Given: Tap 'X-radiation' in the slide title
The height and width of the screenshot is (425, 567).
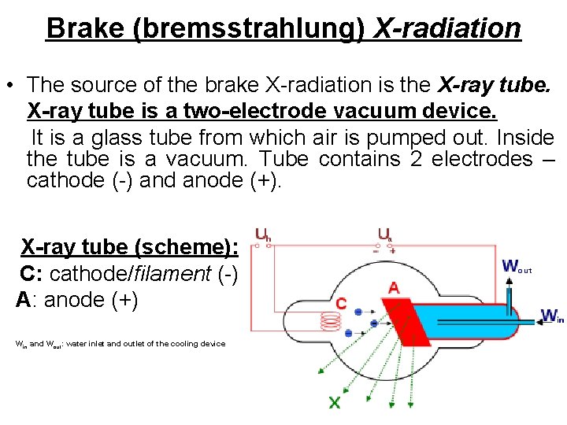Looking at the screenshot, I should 447,28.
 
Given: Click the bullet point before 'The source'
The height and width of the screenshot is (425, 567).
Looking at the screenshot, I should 12,84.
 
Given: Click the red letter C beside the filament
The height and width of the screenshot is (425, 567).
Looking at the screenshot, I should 341,303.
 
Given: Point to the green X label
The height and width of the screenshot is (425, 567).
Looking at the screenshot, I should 335,403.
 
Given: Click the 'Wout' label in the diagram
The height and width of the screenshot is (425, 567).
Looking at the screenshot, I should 516,267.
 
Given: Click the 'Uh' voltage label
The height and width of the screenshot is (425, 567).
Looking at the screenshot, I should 263,233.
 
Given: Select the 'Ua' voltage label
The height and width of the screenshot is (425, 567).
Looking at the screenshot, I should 384,233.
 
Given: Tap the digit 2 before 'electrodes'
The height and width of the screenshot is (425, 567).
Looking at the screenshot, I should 417,159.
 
